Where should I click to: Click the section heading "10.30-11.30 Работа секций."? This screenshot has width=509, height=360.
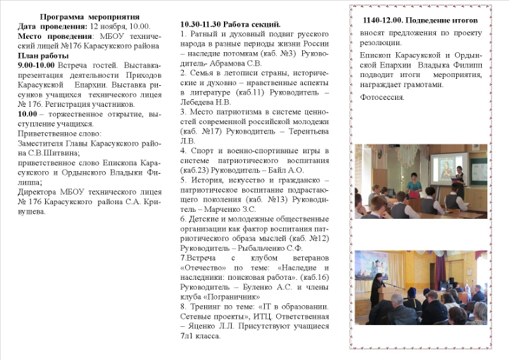[230, 24]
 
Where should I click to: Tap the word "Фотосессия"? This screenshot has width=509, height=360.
[381, 97]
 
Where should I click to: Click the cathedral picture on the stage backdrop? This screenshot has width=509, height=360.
[380, 263]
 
